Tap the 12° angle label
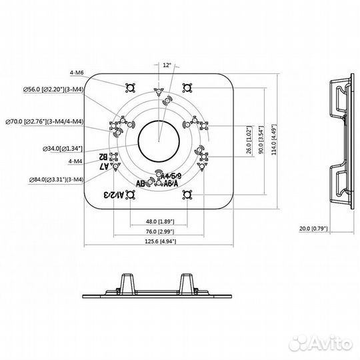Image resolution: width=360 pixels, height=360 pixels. pos(167,65)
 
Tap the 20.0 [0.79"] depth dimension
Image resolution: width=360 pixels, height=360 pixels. pos(314,229)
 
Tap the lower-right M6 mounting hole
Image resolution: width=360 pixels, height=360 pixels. pos(188,195)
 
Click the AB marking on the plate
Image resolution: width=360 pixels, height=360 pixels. pos(141,183)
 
